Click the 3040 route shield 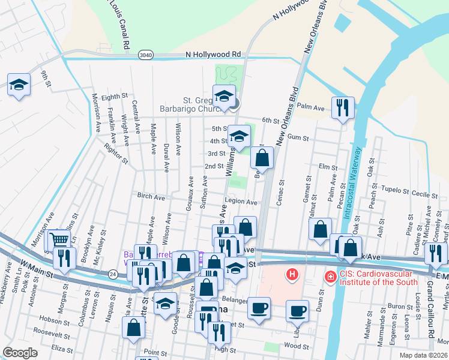(x=145, y=55)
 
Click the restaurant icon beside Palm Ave (x=343, y=108)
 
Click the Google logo (x=20, y=353)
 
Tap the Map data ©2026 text (x=423, y=355)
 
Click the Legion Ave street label (x=241, y=202)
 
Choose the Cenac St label (x=280, y=191)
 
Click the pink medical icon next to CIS (x=330, y=277)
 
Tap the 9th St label (x=45, y=79)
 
